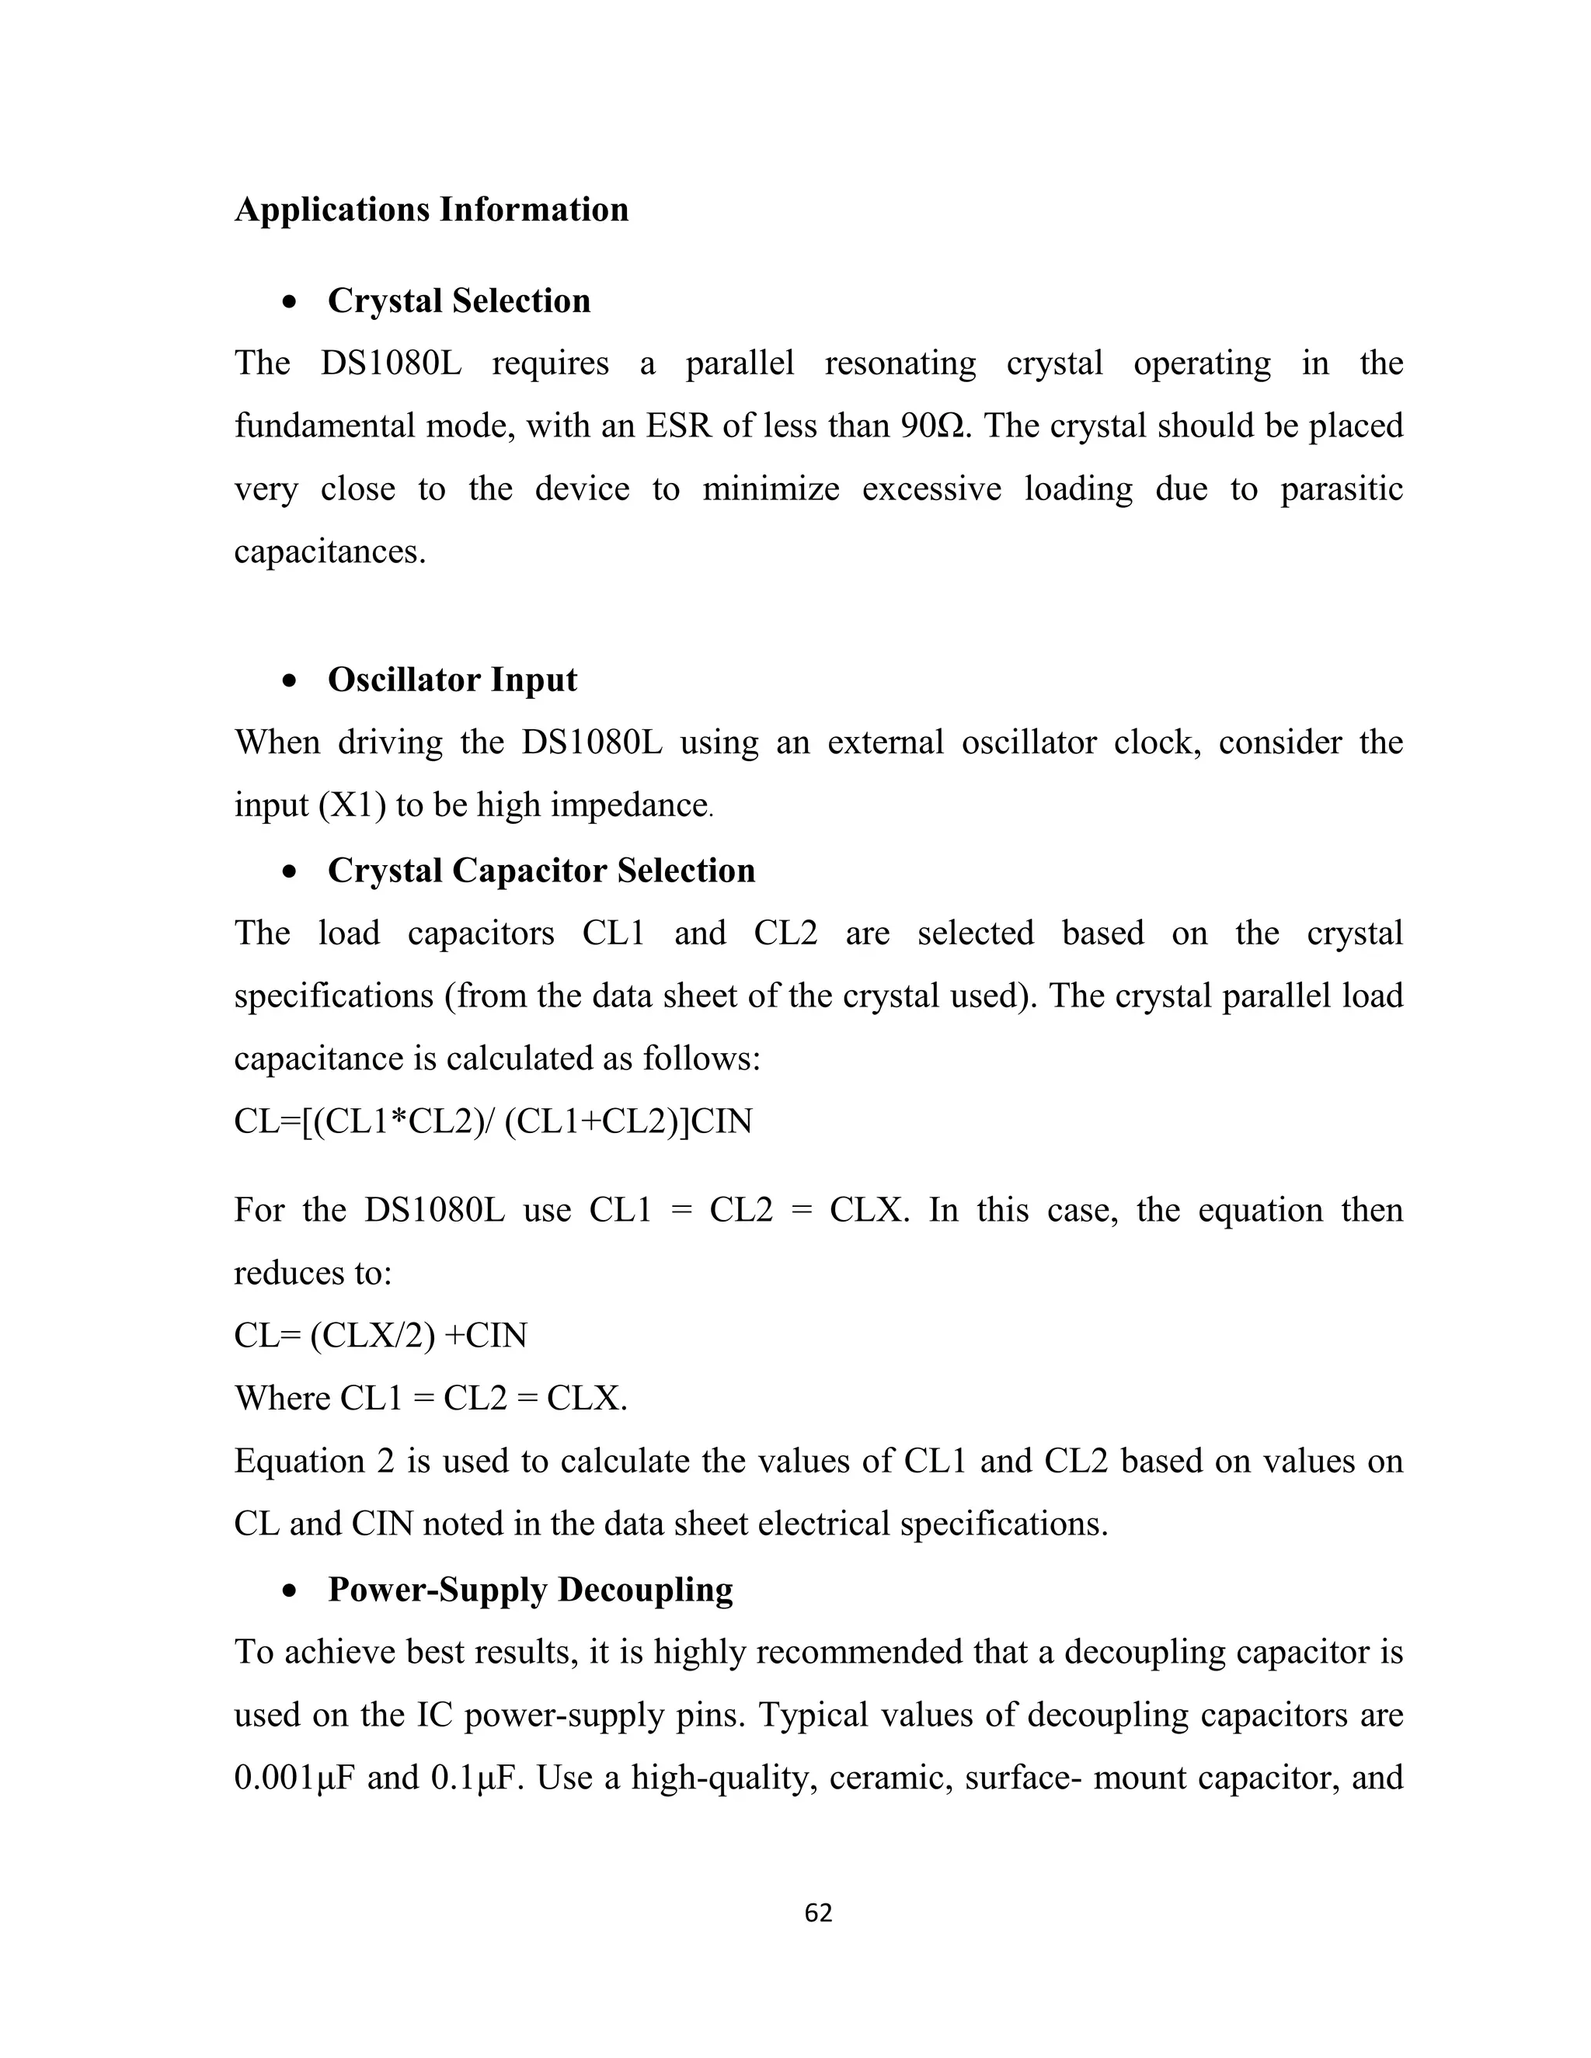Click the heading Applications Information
430,209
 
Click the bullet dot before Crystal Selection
291,302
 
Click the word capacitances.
330,551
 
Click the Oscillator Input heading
451,680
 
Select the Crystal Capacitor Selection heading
541,870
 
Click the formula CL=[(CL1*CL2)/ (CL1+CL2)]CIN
493,1121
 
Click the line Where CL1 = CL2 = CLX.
430,1399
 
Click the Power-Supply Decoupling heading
530,1589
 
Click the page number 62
818,1913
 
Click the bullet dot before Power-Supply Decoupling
291,1590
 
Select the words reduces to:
313,1273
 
